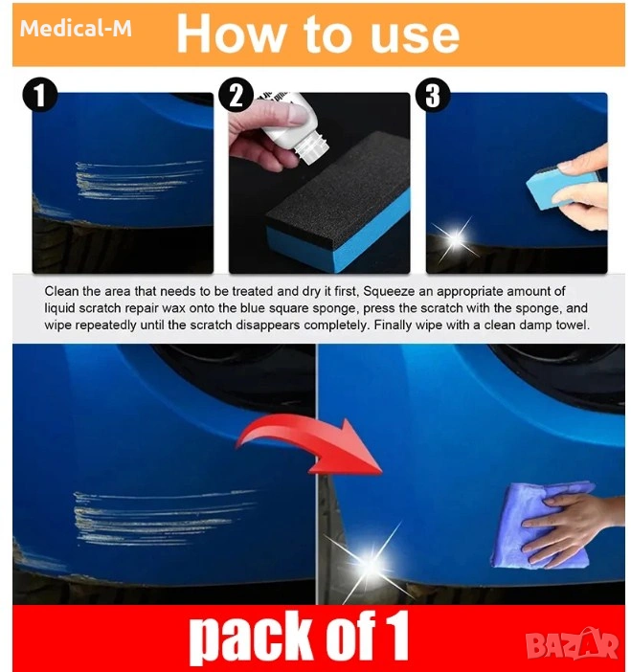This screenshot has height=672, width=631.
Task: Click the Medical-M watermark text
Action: click(x=76, y=29)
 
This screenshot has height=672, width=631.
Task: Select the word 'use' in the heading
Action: click(x=415, y=37)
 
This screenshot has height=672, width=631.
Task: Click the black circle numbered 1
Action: click(x=40, y=95)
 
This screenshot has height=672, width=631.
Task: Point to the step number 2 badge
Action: click(x=237, y=95)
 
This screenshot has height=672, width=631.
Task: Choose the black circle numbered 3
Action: click(x=433, y=95)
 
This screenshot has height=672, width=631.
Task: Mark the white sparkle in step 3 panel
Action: click(x=456, y=238)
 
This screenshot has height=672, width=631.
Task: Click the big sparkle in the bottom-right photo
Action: click(x=370, y=563)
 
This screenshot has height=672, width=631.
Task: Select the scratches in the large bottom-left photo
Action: click(x=163, y=516)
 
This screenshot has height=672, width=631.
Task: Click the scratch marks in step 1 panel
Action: click(x=138, y=180)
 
